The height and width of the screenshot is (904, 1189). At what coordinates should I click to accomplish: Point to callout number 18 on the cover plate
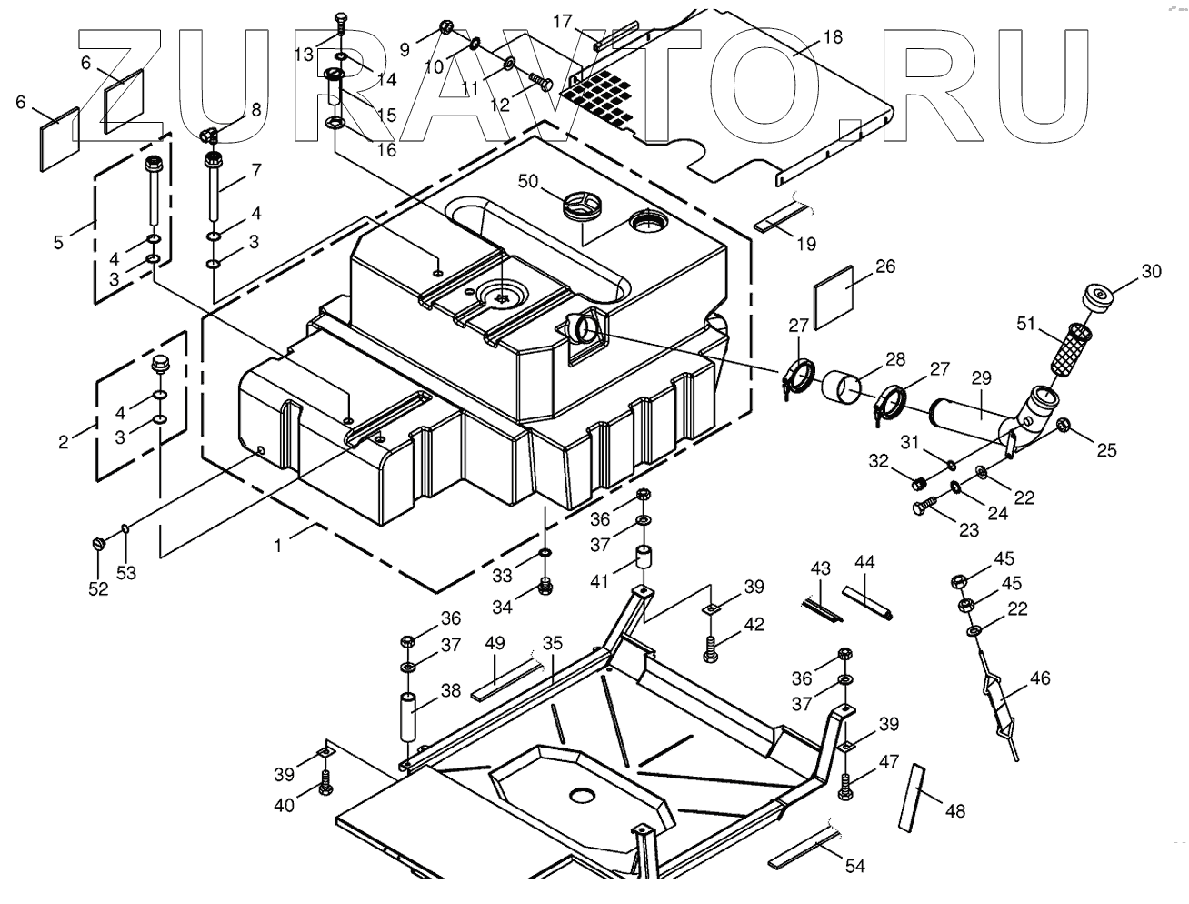point(832,37)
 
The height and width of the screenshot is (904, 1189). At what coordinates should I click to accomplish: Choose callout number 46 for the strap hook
point(1039,678)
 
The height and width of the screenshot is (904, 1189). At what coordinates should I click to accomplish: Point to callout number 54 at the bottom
point(854,866)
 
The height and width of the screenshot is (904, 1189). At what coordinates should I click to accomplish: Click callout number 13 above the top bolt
point(304,54)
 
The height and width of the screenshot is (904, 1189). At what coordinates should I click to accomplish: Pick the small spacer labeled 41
point(644,557)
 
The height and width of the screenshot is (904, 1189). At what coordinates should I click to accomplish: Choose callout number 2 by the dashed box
point(63,443)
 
